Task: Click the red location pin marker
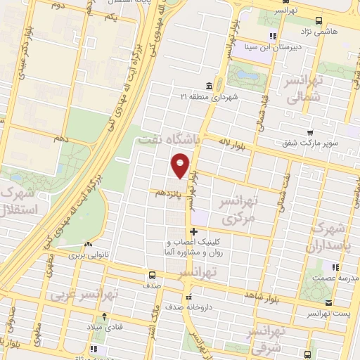point(181,165)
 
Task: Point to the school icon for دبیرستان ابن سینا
point(272,37)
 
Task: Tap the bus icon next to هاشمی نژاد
point(319,20)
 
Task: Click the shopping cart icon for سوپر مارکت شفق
point(310,131)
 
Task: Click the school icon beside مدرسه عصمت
point(335,267)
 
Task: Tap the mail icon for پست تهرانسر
point(328,304)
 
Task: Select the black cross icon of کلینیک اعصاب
point(193,231)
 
